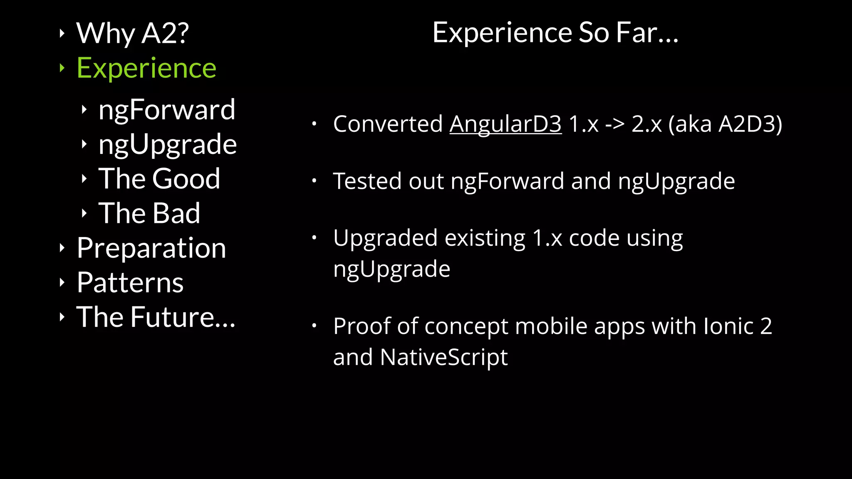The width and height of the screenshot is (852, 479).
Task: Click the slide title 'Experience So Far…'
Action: (555, 32)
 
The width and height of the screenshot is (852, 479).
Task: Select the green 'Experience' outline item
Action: (146, 68)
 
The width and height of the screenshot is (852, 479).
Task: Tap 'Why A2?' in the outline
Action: (132, 33)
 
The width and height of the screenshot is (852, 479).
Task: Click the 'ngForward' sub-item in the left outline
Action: (167, 110)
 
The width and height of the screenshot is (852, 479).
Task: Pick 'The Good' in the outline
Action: (159, 179)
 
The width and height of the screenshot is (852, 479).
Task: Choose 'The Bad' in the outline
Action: (149, 213)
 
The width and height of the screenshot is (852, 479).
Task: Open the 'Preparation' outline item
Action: (151, 248)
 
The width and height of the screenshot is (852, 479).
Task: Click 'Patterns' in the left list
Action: (130, 283)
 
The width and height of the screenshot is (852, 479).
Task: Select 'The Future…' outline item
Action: (156, 317)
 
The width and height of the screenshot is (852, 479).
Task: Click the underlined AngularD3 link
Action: (505, 124)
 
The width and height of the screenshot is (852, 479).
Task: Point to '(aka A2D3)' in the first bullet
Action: (725, 124)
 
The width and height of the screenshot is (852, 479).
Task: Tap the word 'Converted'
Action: (388, 124)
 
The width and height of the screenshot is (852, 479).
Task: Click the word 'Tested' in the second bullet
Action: (367, 181)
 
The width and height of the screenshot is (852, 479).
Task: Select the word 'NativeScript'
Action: (443, 357)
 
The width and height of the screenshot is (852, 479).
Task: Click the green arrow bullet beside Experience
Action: (62, 68)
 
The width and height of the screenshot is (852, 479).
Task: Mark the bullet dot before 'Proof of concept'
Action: (315, 326)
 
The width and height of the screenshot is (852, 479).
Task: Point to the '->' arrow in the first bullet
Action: (614, 124)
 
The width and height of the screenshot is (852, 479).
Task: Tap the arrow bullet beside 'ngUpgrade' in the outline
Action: (84, 144)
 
